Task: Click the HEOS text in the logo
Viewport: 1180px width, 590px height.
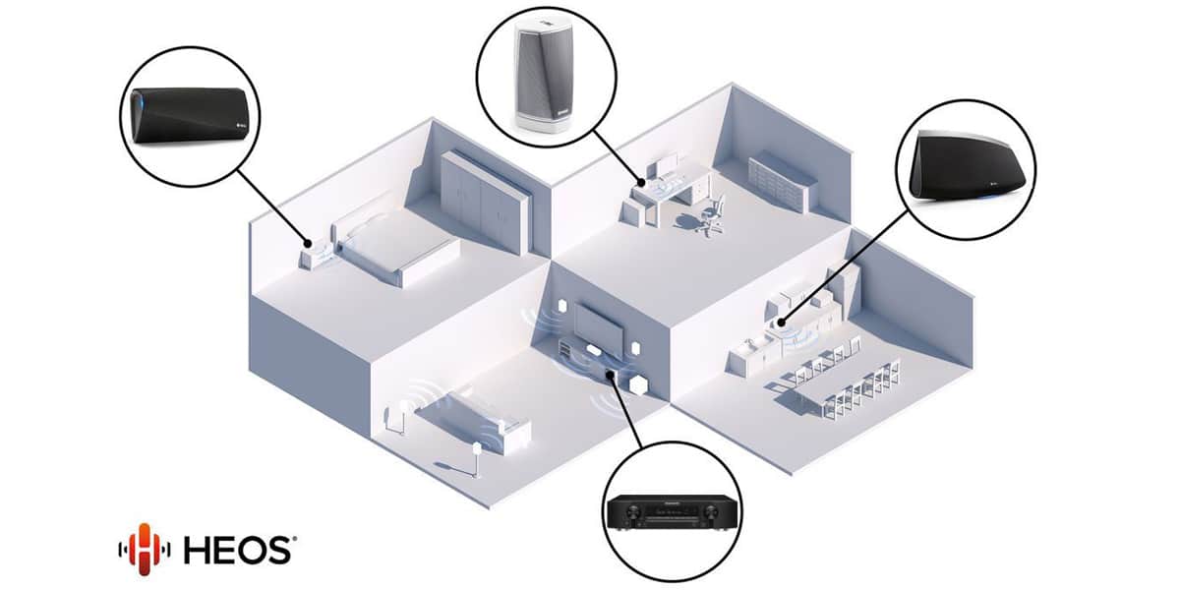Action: point(238,551)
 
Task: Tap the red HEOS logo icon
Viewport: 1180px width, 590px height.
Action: point(144,549)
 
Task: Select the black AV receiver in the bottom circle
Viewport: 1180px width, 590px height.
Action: point(671,512)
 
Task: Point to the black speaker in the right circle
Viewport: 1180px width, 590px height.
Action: point(966,166)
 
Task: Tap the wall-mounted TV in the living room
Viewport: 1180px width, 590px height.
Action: point(599,325)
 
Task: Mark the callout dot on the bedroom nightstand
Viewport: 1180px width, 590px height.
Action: point(308,244)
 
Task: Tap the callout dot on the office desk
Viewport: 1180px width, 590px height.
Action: point(641,183)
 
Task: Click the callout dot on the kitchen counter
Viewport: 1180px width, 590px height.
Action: point(781,322)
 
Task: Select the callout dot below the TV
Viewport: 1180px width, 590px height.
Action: point(610,375)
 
